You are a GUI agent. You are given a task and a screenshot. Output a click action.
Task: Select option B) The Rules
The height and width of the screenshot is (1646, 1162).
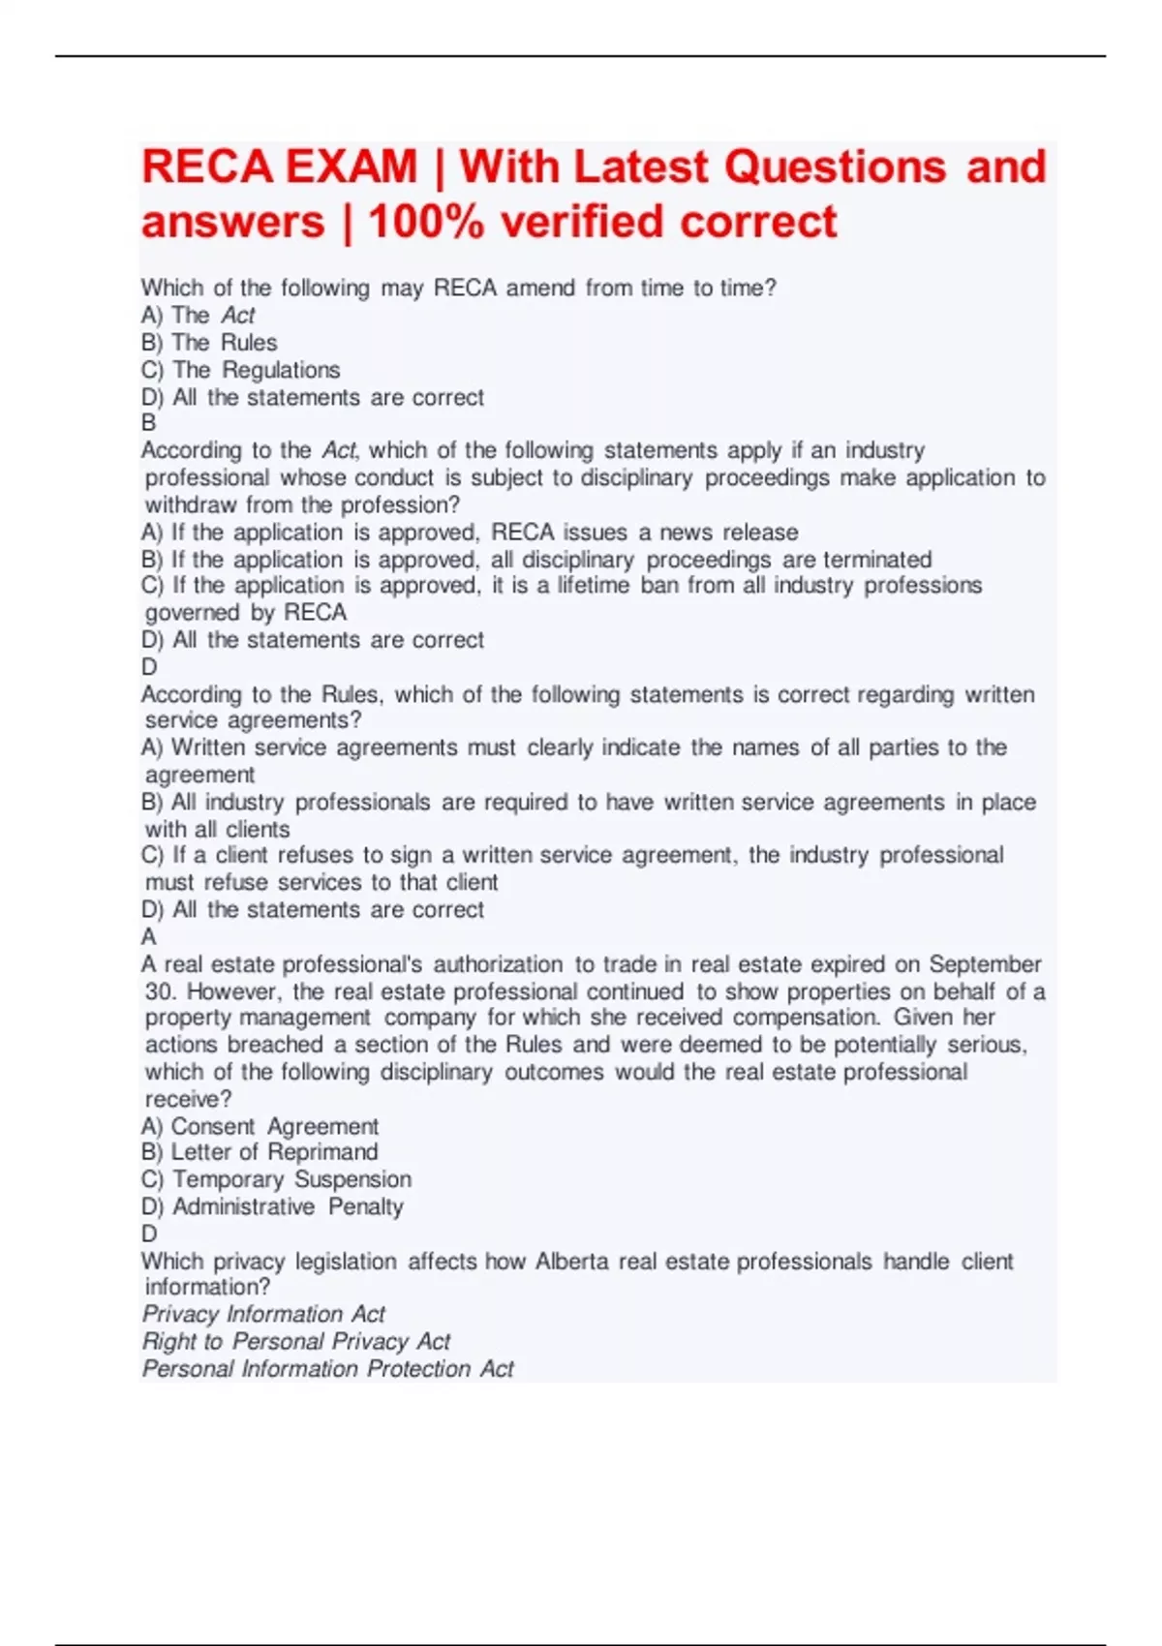point(209,343)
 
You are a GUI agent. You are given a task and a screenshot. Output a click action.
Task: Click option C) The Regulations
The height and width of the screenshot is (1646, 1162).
point(241,370)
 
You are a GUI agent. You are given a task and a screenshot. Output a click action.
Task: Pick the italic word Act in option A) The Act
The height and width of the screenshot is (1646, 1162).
point(237,316)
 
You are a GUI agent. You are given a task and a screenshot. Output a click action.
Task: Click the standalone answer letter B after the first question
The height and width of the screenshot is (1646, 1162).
point(148,423)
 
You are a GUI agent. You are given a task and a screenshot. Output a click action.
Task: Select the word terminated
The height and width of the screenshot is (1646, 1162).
point(876,560)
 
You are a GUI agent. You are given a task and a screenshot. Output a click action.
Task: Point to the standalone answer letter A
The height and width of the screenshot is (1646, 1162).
point(148,936)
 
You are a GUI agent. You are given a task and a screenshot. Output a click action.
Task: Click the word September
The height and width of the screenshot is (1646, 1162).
point(985,964)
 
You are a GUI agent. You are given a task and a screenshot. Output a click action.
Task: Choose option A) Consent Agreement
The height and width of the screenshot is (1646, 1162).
point(260,1126)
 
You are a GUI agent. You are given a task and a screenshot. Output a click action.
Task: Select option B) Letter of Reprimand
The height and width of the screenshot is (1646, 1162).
point(260,1152)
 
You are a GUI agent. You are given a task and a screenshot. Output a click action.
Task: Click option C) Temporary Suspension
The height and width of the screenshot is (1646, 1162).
point(276,1179)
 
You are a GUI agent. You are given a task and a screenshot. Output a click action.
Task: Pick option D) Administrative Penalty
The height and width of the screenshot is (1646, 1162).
point(272,1206)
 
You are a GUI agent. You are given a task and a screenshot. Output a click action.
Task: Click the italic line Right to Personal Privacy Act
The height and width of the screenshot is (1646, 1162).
point(296,1341)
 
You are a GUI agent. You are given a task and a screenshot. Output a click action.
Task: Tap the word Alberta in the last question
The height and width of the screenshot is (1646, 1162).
point(572,1262)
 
